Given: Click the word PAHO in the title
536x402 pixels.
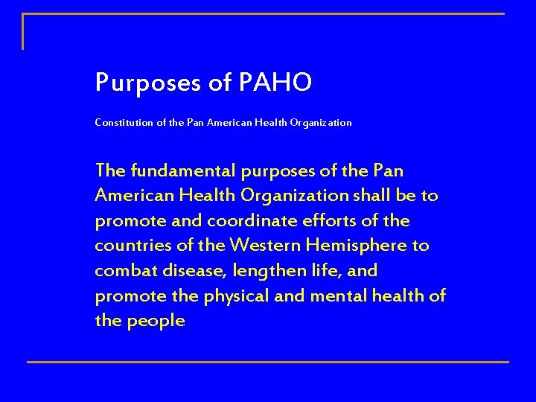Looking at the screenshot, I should (275, 83).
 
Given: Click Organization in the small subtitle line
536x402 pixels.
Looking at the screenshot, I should (320, 123).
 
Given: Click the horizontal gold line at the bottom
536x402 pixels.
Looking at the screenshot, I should (268, 363).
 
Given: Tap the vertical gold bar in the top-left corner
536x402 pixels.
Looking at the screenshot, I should (23, 31).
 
